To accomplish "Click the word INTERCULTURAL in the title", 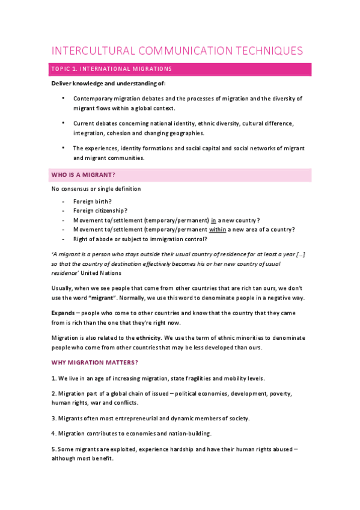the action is point(91,51).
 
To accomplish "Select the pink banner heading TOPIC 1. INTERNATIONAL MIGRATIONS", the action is point(112,69).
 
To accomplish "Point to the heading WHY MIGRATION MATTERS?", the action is point(94,363).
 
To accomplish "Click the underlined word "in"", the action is point(213,220).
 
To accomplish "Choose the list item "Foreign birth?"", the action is point(93,201).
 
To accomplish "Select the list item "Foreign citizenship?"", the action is point(100,210).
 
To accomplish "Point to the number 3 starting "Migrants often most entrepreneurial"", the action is point(53,417).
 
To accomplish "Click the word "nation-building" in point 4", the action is point(189,433).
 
